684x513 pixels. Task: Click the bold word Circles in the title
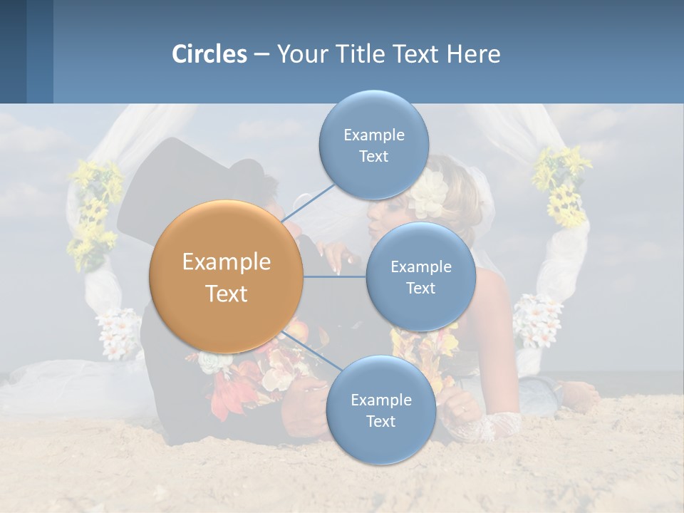pos(209,54)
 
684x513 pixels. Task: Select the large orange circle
pos(226,276)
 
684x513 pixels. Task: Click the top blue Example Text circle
pos(373,145)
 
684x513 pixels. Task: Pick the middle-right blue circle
pos(420,276)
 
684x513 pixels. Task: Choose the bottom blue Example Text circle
pos(380,410)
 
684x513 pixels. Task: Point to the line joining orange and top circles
pos(309,204)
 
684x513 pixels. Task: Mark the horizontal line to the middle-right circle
pos(334,276)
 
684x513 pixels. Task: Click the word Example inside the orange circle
pos(226,262)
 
